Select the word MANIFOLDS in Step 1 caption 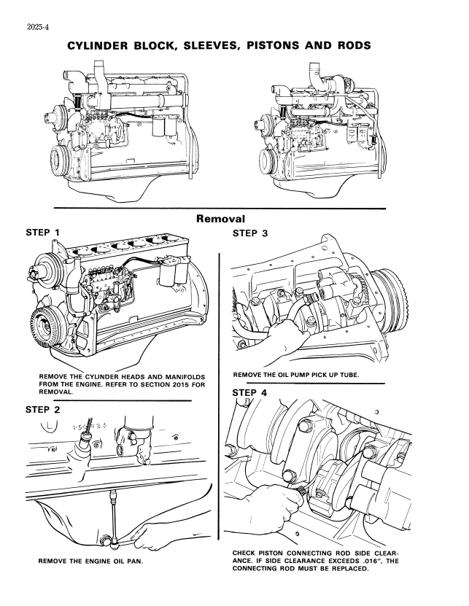click(x=171, y=376)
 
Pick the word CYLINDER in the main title click(x=101, y=45)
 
